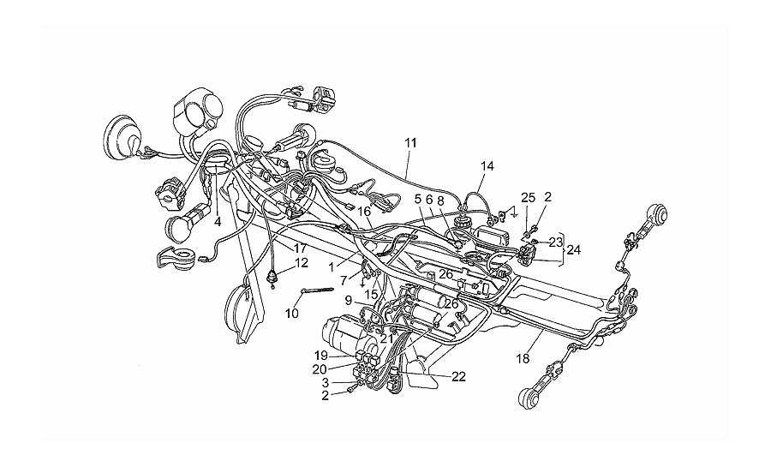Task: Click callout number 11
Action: tap(410, 143)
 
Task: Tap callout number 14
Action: tap(487, 166)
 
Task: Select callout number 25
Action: tap(528, 198)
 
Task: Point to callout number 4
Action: tap(218, 222)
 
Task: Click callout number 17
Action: tap(301, 248)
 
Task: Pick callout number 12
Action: tap(302, 263)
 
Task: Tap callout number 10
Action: tap(292, 313)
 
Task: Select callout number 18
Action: tap(523, 359)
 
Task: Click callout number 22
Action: tap(458, 377)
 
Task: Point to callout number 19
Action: tap(321, 356)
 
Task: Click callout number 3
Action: tap(325, 382)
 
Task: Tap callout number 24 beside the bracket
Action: tap(573, 249)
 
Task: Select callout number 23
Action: tap(556, 242)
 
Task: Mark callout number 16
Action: tap(364, 212)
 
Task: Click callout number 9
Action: tap(348, 298)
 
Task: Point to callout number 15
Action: tap(371, 295)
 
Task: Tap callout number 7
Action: tap(344, 281)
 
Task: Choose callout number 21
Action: tap(386, 338)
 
